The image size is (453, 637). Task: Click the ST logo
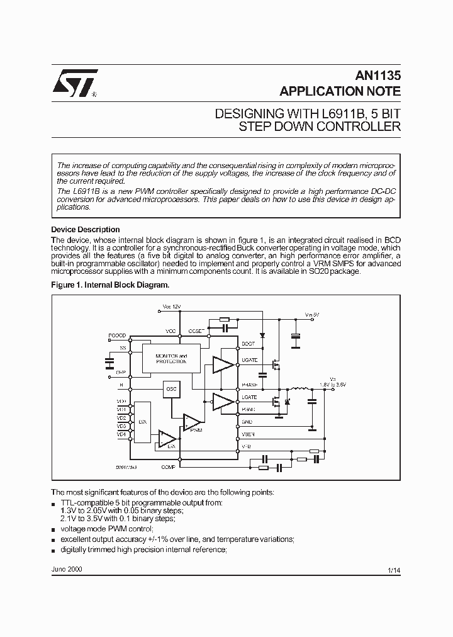74,82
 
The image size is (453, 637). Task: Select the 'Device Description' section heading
85,230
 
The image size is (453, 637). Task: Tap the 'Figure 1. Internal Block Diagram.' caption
110,285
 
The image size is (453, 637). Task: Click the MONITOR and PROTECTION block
171,359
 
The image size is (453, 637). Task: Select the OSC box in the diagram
171,390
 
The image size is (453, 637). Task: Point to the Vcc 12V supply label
171,307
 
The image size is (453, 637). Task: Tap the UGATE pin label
250,360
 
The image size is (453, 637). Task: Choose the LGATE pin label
249,398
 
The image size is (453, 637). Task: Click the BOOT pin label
249,344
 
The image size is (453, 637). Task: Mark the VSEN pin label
249,434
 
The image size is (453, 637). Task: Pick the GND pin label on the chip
247,422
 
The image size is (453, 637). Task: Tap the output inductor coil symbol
301,389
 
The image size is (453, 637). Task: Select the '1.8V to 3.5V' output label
332,383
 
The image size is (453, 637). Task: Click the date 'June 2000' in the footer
66,568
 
